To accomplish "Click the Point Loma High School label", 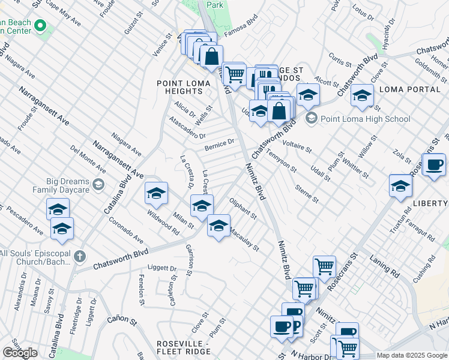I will pyautogui.click(x=365, y=119).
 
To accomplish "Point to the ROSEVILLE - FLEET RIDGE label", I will pyautogui.click(x=182, y=347).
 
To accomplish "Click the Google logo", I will pyautogui.click(x=20, y=353).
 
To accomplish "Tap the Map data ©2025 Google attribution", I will pyautogui.click(x=412, y=355).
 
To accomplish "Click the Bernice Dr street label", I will pyautogui.click(x=218, y=145).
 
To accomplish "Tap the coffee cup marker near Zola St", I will pyautogui.click(x=435, y=164).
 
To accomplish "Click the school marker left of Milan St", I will pyautogui.click(x=156, y=193).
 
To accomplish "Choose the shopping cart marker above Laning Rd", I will pyautogui.click(x=324, y=265).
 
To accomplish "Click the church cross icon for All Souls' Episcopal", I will pyautogui.click(x=79, y=257).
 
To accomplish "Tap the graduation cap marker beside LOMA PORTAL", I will pyautogui.click(x=363, y=95).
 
